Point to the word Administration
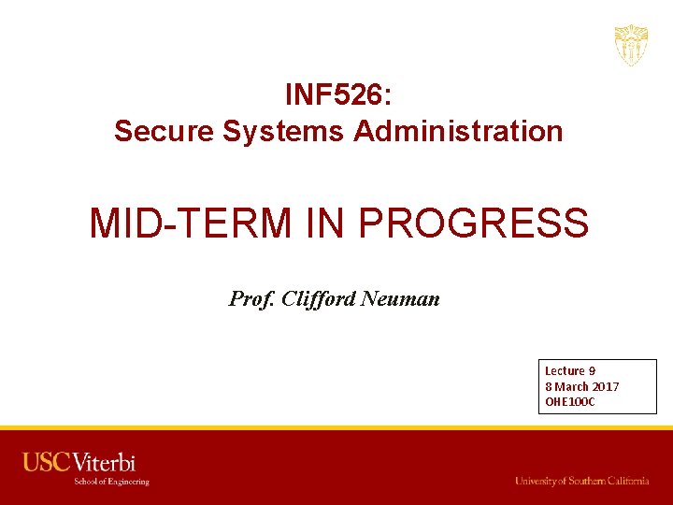(x=458, y=131)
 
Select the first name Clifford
(x=318, y=299)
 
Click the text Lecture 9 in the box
(x=570, y=371)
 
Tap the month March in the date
(x=573, y=386)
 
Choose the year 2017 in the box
(x=606, y=386)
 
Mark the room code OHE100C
(x=569, y=402)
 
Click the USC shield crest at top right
(x=631, y=45)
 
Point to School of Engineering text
(x=112, y=482)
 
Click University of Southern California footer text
(x=581, y=481)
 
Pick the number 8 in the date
(x=549, y=386)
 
